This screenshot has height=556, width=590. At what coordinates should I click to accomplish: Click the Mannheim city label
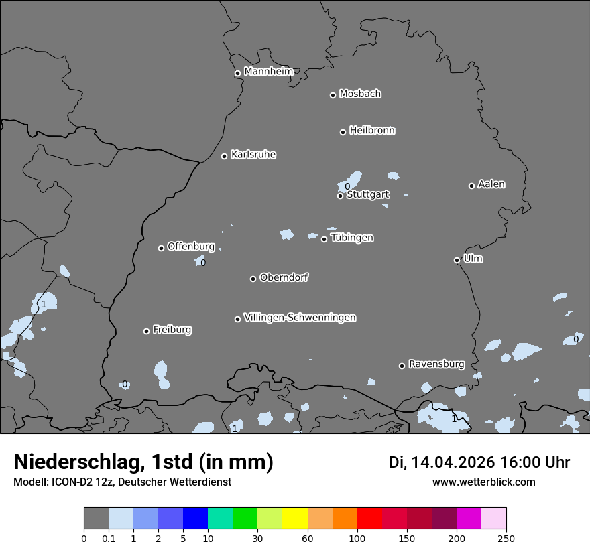pos(268,72)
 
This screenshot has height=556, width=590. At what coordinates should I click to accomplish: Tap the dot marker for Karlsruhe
pos(225,156)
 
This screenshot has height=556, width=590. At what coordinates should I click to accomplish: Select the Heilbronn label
pos(372,131)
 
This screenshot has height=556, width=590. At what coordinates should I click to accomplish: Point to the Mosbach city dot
pos(333,95)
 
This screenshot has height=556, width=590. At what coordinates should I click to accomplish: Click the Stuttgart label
pos(367,194)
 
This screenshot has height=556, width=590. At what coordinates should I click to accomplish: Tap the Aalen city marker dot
pos(471,186)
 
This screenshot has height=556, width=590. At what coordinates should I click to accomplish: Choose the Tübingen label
pos(352,238)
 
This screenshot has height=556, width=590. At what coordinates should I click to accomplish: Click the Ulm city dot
pos(457,260)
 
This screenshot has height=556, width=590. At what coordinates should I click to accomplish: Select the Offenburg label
pos(191,247)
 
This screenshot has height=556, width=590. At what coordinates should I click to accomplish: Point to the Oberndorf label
pos(284,277)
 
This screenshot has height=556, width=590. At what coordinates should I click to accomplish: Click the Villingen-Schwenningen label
pos(300,318)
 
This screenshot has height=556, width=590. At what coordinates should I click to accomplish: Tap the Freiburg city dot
pos(146,331)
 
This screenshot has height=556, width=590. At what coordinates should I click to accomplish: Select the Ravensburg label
pos(436,364)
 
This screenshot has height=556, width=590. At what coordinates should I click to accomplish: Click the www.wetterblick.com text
pos(483,482)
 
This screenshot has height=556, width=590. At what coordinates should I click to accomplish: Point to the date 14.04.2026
pos(453,462)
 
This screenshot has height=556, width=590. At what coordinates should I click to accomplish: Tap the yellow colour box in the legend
pos(295,518)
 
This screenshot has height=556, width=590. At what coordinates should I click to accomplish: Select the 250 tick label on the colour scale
pos(506,539)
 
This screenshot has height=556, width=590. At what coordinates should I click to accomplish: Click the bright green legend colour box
pos(245,518)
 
